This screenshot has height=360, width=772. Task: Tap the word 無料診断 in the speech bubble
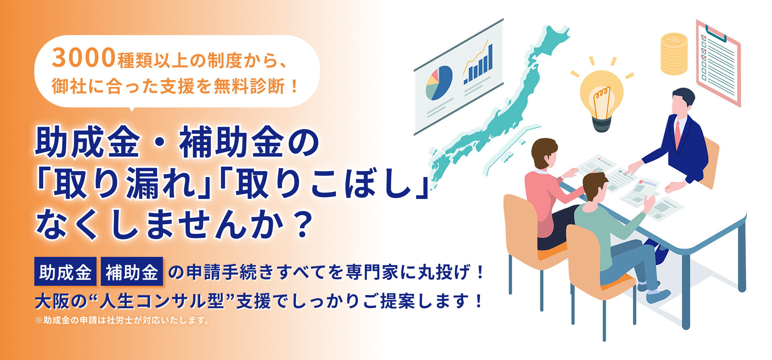[249, 87]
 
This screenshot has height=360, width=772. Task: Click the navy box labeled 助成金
[65, 272]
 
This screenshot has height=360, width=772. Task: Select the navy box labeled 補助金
[132, 272]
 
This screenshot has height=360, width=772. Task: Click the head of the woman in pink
[544, 153]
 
